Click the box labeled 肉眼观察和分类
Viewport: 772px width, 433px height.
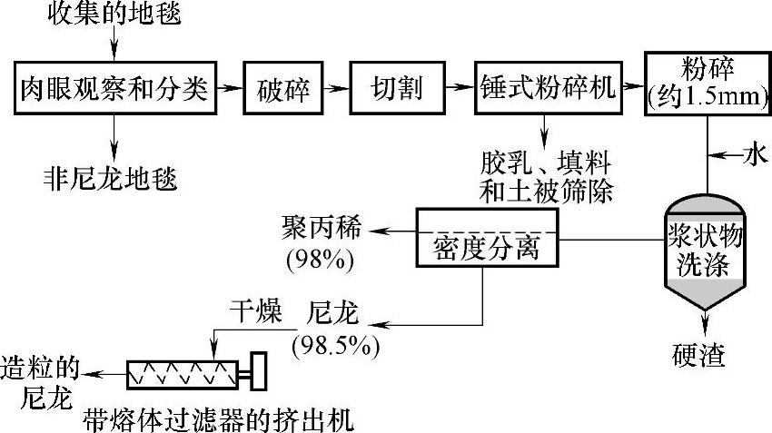(116, 88)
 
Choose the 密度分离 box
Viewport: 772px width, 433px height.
(486, 238)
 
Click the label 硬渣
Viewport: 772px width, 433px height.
(700, 354)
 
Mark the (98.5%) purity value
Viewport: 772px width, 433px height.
(333, 346)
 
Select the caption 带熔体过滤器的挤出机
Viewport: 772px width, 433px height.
(217, 420)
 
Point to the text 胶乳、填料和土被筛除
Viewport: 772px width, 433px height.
(547, 176)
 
